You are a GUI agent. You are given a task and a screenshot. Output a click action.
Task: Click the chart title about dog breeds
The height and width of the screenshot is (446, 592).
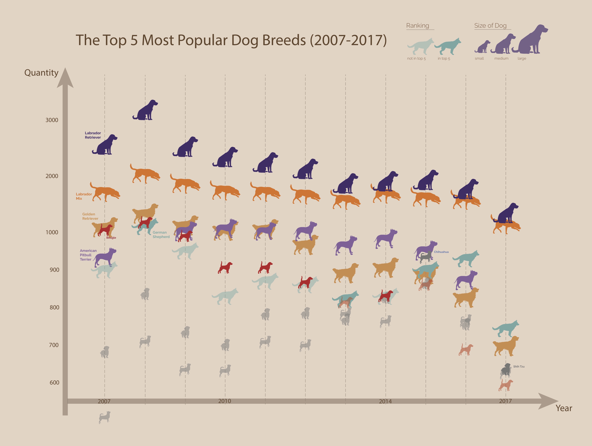coord(231,40)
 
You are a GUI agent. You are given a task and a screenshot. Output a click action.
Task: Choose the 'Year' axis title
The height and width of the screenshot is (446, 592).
coord(564,408)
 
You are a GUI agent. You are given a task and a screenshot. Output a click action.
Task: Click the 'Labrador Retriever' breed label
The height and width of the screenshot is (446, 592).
coord(93,135)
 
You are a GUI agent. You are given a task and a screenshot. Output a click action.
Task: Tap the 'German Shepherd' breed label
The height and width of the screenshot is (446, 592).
coord(161,234)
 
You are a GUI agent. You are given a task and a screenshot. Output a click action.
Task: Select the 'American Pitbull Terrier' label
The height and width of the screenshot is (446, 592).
coord(88,255)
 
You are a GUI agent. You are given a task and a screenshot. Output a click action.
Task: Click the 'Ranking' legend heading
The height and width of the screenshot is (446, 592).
coord(417,26)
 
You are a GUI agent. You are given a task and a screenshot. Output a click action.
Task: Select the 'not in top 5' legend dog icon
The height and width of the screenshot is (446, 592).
coord(420,46)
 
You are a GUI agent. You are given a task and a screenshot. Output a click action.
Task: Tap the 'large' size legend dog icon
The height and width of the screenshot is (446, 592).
coord(530,40)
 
